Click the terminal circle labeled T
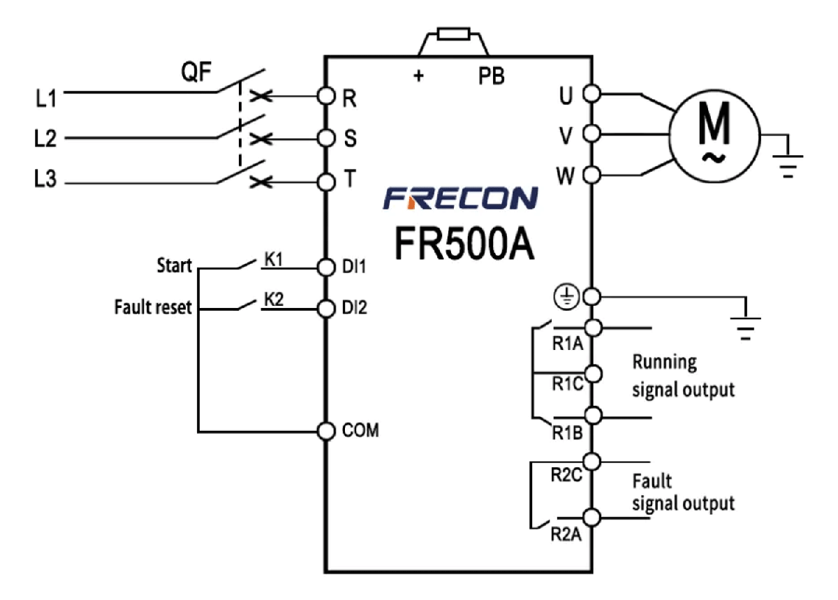(325, 182)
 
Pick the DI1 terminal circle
(325, 267)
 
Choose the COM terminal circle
(325, 430)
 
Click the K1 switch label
(273, 258)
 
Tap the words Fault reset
(153, 307)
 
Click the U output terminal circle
(591, 92)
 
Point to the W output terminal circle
(591, 174)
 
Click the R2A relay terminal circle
(591, 518)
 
